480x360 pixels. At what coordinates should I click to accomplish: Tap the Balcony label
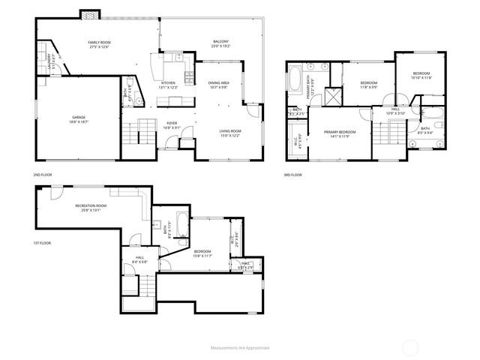(220, 43)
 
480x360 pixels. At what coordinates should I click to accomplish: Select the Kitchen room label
(168, 85)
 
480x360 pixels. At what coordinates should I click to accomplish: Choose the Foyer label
(172, 125)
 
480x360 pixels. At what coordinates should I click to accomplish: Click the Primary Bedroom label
(339, 134)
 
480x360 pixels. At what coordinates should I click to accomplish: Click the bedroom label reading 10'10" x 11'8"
(422, 75)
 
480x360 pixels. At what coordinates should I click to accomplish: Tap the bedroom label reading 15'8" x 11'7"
(202, 253)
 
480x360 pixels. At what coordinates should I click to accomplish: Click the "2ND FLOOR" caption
(42, 175)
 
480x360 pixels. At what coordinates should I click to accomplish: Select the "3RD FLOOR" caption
(292, 175)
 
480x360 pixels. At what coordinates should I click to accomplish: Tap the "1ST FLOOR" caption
(42, 243)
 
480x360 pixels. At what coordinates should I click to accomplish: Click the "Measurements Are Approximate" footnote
(239, 348)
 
